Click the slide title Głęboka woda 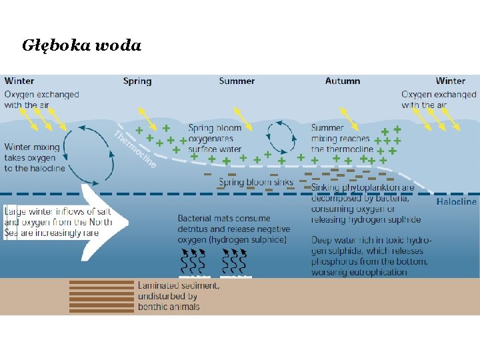(x=81, y=45)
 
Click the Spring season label (x=137, y=81)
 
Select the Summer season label (x=237, y=81)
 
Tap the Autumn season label (x=343, y=81)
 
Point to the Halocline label (x=456, y=201)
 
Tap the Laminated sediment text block (x=178, y=296)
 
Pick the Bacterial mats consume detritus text (x=233, y=229)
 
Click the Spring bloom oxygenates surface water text (x=215, y=139)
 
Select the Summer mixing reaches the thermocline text (x=341, y=139)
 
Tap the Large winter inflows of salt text (x=57, y=222)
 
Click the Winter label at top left (x=19, y=81)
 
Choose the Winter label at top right (x=451, y=81)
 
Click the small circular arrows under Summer (x=282, y=137)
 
